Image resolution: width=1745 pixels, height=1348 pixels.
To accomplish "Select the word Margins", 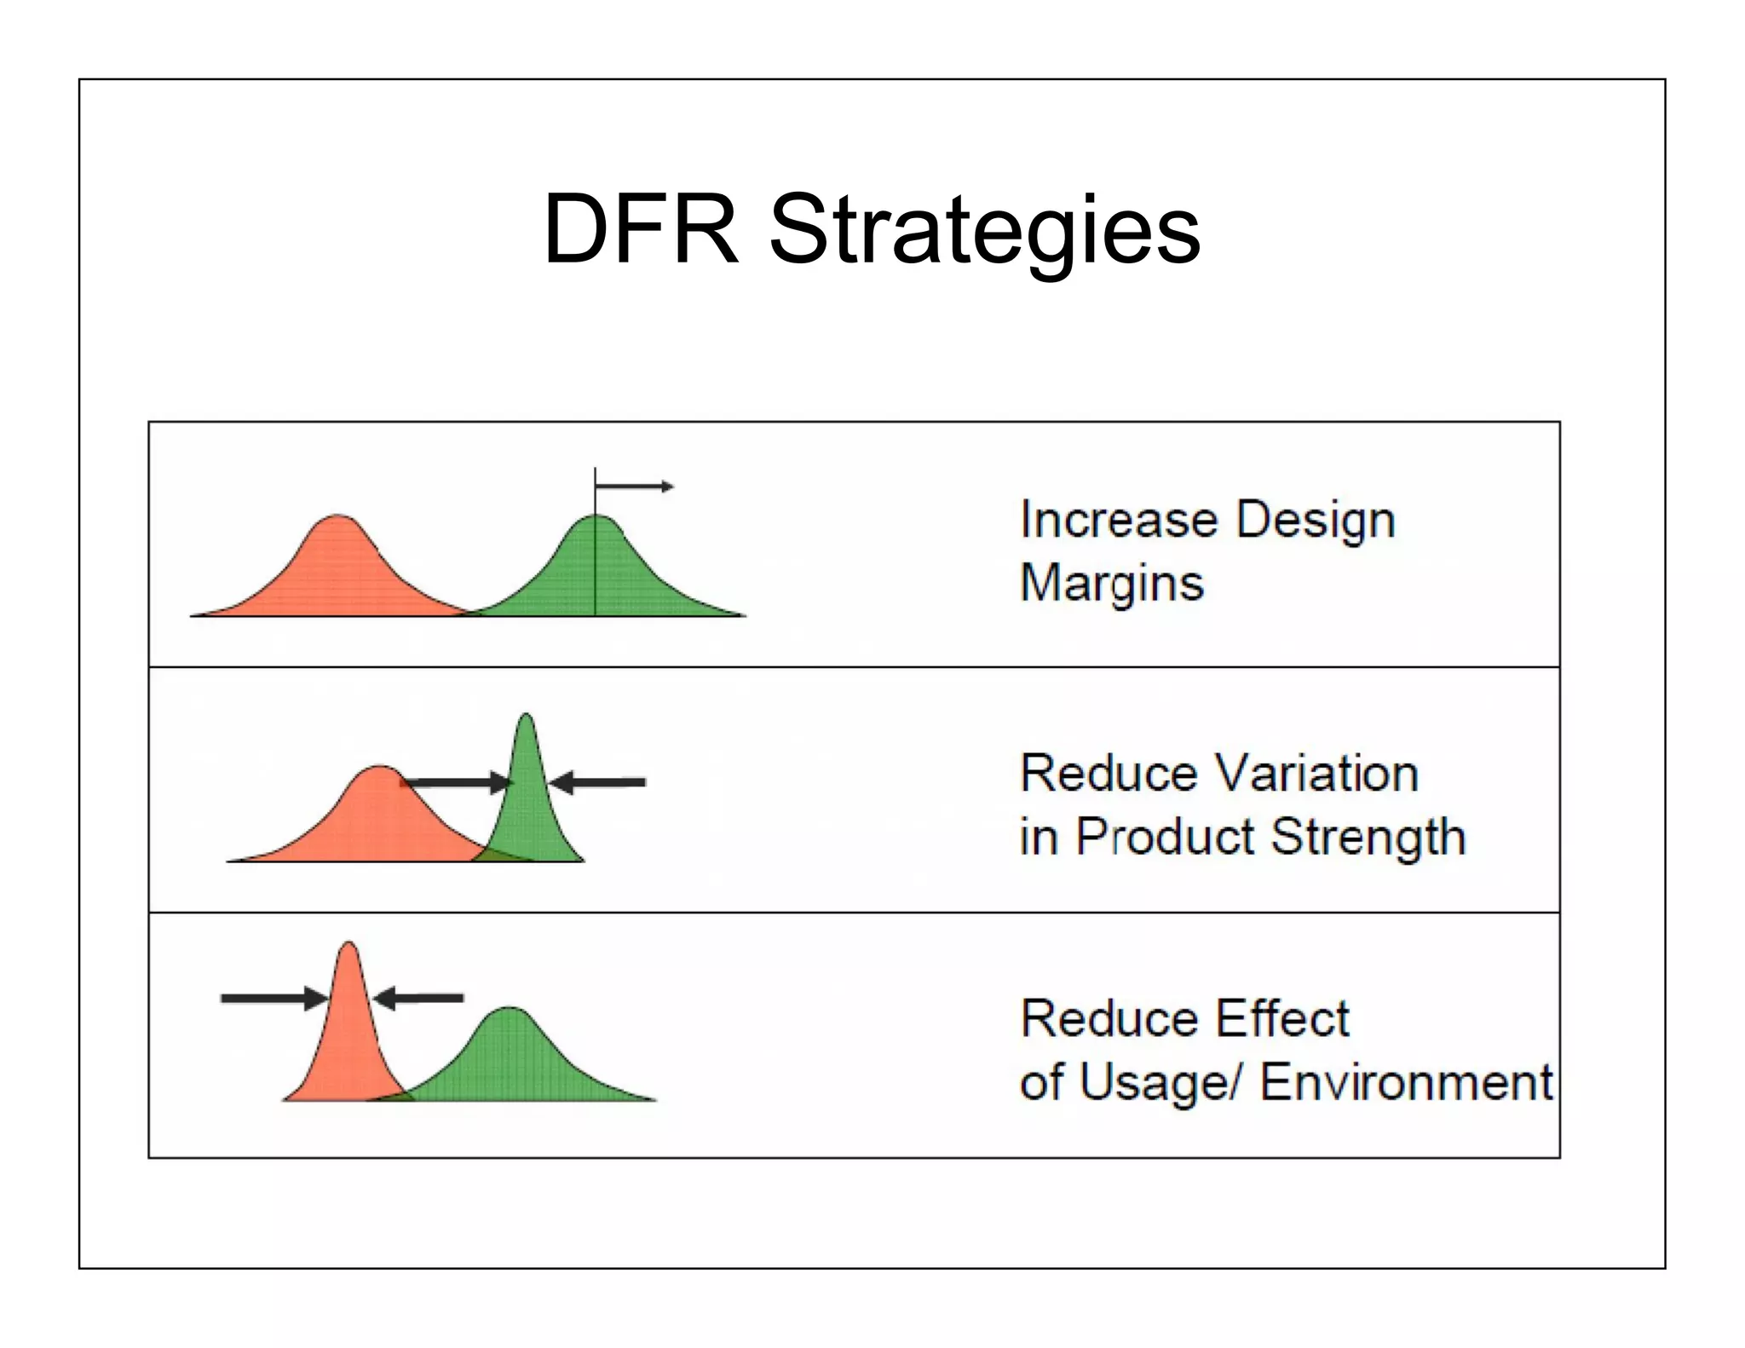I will pos(1112,584).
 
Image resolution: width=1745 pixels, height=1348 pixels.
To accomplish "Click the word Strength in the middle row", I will pos(1368,837).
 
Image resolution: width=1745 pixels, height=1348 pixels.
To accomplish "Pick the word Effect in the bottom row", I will pos(1281,1018).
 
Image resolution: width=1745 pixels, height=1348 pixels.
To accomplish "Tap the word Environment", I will pos(1406,1082).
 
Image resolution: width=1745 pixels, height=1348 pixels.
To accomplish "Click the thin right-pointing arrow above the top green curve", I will pos(635,487).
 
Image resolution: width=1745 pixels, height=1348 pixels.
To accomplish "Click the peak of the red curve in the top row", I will pos(338,516).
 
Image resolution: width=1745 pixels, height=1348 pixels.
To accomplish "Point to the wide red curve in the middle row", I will pos(375,818).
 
